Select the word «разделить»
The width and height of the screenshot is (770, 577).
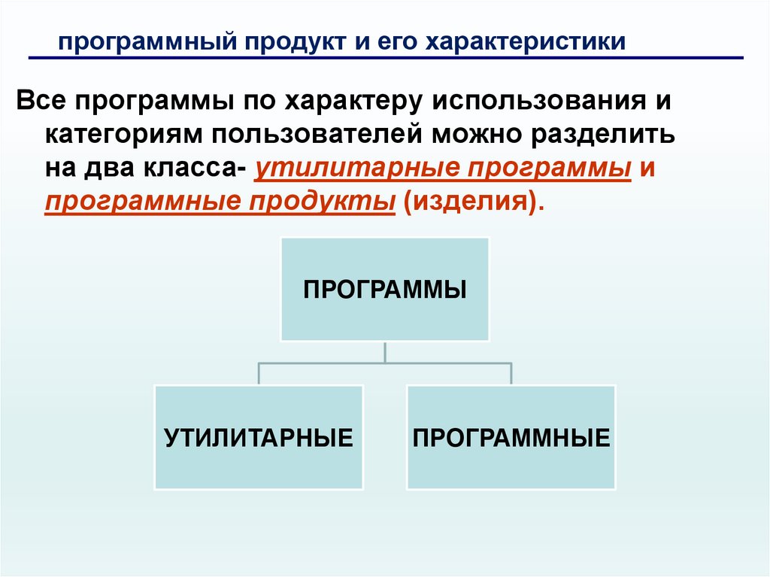tap(612, 135)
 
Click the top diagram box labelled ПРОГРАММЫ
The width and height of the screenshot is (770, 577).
tap(385, 290)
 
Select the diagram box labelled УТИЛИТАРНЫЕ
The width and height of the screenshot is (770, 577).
tap(259, 438)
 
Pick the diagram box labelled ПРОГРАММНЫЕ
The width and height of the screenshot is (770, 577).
tap(511, 438)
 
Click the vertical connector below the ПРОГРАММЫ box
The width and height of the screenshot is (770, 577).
tap(385, 352)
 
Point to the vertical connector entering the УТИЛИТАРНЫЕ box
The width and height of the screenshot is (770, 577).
tap(259, 374)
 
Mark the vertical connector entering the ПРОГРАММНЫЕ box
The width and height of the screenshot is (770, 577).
tap(511, 374)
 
